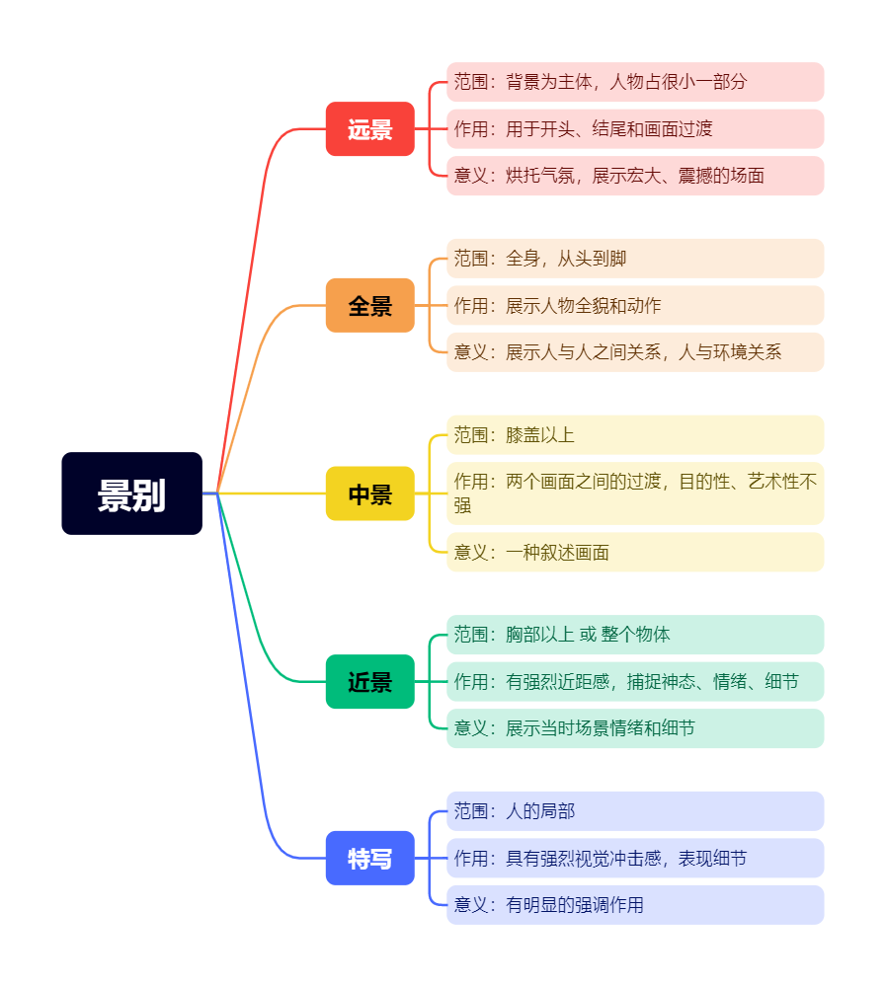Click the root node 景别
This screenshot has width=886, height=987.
pos(131,493)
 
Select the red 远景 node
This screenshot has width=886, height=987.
pos(370,129)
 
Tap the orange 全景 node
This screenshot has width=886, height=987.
pos(370,306)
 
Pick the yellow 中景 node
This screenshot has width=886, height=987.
pos(370,493)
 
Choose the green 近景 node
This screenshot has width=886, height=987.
pos(370,681)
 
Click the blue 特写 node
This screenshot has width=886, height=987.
pos(370,859)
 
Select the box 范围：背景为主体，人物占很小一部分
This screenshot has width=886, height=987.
pos(635,82)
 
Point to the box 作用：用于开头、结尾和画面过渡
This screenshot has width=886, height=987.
pos(635,129)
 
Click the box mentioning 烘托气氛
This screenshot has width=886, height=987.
pos(635,176)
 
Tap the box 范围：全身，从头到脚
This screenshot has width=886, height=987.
pos(635,259)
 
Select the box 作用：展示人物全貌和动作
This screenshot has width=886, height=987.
pos(635,306)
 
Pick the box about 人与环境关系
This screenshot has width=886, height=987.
pos(635,352)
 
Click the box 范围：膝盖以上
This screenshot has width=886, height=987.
pos(635,435)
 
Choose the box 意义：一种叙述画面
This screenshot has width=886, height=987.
pos(635,553)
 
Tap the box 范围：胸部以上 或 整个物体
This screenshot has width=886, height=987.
pos(635,635)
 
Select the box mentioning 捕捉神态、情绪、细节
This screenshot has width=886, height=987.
pos(635,682)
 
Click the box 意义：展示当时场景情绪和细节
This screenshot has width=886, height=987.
pos(635,728)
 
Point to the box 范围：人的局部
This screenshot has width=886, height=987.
pos(635,811)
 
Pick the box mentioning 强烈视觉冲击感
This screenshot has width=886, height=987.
pos(635,859)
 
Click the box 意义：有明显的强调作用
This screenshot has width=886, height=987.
pos(635,905)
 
